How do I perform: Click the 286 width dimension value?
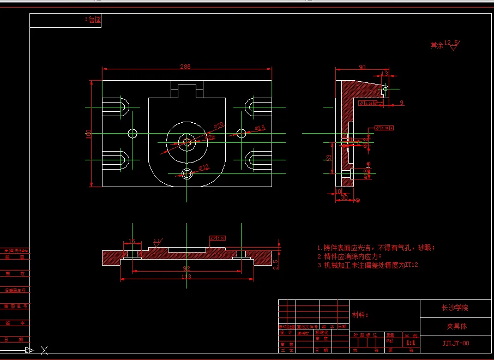click(x=185, y=67)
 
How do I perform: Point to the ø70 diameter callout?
click(x=219, y=126)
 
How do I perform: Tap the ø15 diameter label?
click(x=260, y=128)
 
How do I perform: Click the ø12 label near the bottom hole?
click(x=203, y=167)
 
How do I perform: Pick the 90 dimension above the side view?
click(x=362, y=67)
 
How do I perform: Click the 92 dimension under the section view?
click(x=186, y=268)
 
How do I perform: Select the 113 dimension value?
click(x=186, y=277)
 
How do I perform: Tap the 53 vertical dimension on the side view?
click(x=328, y=158)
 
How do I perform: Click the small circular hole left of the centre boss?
click(x=132, y=133)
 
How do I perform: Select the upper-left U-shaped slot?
click(x=119, y=105)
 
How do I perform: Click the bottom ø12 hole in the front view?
click(x=187, y=174)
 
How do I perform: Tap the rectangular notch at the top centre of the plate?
click(x=187, y=89)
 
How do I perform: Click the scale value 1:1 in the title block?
click(x=411, y=343)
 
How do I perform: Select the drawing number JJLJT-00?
click(x=455, y=343)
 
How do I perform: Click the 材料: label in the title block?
click(x=360, y=315)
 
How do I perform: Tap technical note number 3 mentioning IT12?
click(x=369, y=265)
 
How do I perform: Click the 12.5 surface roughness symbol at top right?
click(x=452, y=45)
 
